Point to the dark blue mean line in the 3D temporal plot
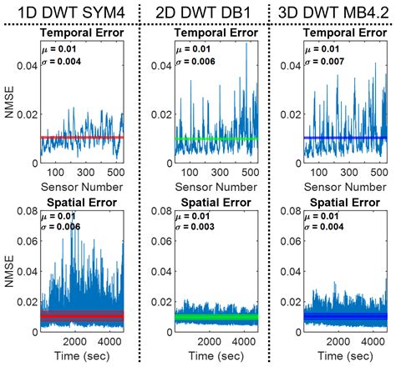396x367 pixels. point(346,138)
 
